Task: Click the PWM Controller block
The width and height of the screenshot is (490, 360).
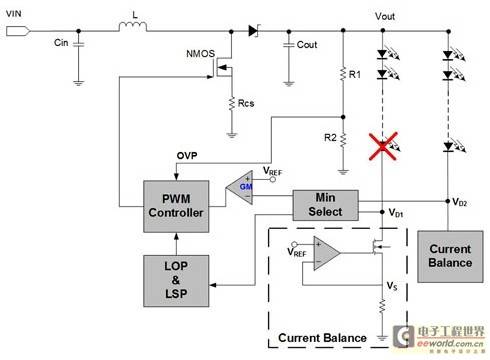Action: (176, 206)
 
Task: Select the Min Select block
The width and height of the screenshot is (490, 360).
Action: (325, 205)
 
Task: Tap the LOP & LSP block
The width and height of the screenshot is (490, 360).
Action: (176, 281)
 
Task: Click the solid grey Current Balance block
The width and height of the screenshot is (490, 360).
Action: (450, 257)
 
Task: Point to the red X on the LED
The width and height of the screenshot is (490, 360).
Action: (383, 146)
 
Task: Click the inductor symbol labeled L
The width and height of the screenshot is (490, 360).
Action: (133, 27)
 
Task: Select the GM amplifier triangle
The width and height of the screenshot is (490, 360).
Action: (239, 188)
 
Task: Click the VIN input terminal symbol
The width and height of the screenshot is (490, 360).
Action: (18, 31)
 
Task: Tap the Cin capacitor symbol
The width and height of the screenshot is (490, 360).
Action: (78, 44)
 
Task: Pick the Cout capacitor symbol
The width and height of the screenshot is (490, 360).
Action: (289, 45)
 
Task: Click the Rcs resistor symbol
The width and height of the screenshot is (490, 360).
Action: (232, 103)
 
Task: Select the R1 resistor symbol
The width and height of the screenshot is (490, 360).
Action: (343, 74)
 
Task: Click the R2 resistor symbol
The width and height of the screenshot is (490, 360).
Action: (343, 140)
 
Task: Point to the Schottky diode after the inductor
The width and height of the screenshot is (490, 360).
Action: (254, 31)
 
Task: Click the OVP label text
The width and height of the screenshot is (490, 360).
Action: (187, 156)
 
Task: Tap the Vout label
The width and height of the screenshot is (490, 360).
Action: (385, 16)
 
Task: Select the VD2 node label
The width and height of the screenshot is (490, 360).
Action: (459, 202)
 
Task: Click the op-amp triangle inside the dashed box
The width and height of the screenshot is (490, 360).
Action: (327, 253)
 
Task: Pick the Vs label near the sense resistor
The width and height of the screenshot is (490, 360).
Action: (392, 286)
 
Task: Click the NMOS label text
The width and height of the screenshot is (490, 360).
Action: (200, 54)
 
